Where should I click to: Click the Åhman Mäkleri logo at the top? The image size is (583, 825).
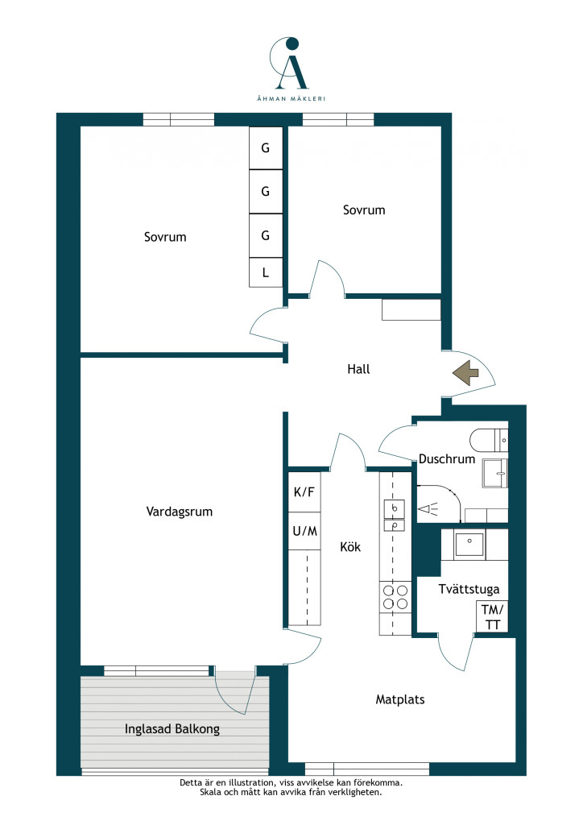tap(291, 68)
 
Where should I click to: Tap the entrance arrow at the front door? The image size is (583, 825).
tap(465, 373)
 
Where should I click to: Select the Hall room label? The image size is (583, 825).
tap(358, 369)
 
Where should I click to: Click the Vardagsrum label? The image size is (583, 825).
tap(180, 512)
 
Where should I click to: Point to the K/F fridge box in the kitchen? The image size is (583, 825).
tap(304, 492)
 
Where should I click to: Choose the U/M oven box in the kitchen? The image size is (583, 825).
tap(304, 531)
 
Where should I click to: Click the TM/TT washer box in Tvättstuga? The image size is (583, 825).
tap(492, 616)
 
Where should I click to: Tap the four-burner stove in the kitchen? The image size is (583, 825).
tap(395, 597)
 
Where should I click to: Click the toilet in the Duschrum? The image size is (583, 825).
tap(489, 441)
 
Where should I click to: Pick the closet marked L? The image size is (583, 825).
tap(266, 272)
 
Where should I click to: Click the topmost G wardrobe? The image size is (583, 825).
tap(266, 148)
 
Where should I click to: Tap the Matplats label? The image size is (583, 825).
tap(400, 699)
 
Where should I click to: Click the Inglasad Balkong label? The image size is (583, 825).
tap(172, 728)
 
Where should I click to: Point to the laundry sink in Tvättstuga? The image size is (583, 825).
tap(469, 545)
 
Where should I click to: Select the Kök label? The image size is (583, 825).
tap(350, 547)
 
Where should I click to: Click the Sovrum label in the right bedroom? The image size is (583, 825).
tap(364, 210)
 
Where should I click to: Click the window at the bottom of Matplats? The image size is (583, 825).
tap(367, 769)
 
